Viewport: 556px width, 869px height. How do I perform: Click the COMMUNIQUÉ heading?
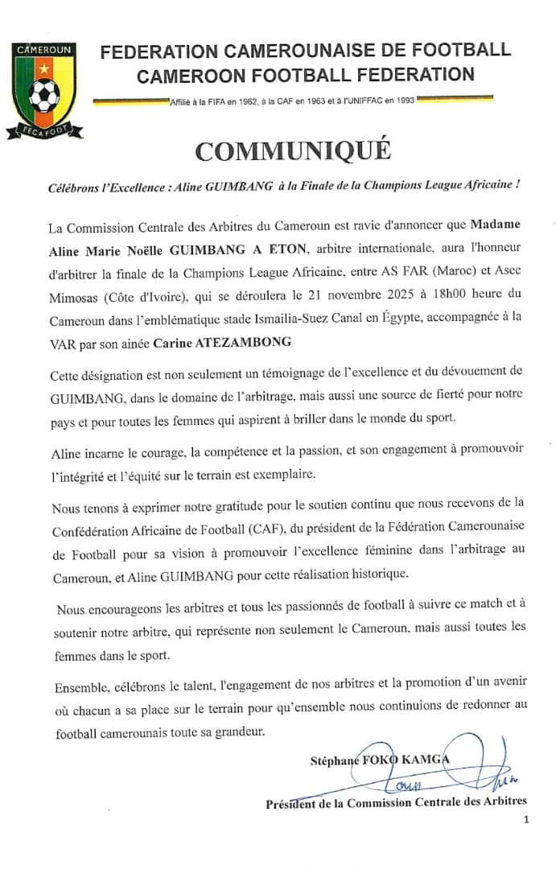pos(293,150)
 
